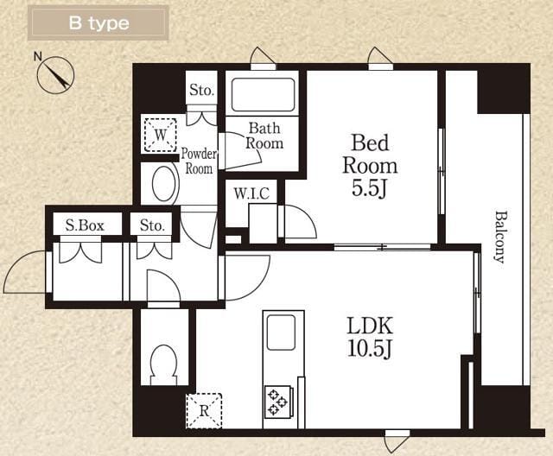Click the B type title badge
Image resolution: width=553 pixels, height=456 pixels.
[x=98, y=23]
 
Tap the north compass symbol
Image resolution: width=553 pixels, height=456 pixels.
[x=55, y=75]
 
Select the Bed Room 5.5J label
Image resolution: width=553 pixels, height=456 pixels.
[x=370, y=165]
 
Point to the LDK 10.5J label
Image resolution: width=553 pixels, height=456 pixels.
[x=370, y=337]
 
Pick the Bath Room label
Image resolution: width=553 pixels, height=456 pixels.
[x=264, y=136]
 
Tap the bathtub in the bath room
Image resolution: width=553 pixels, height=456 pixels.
[x=263, y=95]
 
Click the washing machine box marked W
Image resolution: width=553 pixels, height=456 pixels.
[x=161, y=134]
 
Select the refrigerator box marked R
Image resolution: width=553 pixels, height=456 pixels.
[x=204, y=411]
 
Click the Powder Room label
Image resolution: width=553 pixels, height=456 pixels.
[x=199, y=161]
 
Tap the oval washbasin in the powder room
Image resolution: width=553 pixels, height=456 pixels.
[x=164, y=184]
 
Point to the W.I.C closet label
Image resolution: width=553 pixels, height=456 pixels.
[x=251, y=193]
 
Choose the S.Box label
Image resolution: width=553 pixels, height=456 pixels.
[x=85, y=225]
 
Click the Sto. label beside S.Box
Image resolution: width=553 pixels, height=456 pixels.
[x=152, y=225]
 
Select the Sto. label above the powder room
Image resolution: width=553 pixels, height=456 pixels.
[x=201, y=90]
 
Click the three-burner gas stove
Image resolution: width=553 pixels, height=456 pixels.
[x=278, y=402]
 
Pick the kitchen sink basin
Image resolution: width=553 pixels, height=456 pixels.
[x=281, y=332]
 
